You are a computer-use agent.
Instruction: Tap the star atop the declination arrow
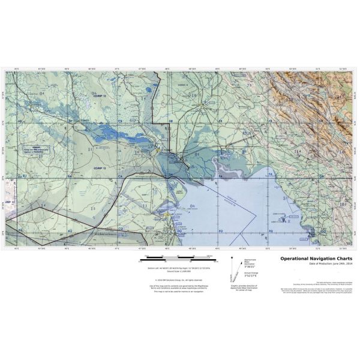click(x=233, y=256)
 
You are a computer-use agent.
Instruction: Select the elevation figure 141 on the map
click(x=340, y=97)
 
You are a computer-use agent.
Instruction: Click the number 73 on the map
click(x=248, y=86)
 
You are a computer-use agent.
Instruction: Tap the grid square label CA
click(x=120, y=175)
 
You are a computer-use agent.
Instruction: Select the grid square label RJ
click(x=25, y=175)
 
